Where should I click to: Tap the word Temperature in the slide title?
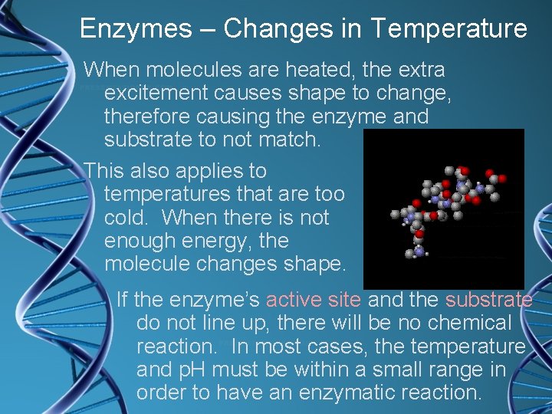449,29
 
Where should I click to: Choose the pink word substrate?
488,300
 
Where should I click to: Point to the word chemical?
465,324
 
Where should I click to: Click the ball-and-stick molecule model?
443,205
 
